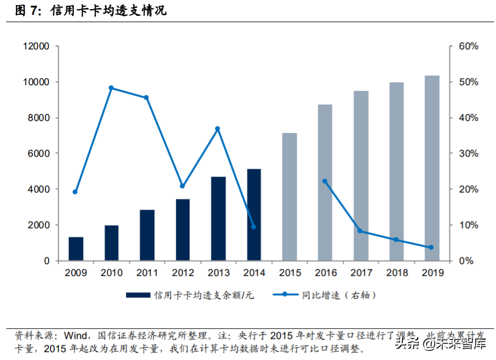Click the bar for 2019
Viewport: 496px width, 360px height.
click(432, 168)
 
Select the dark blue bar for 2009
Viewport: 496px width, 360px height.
click(75, 249)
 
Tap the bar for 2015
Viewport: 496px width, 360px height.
click(289, 196)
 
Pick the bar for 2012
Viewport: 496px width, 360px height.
click(183, 229)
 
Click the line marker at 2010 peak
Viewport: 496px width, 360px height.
click(111, 88)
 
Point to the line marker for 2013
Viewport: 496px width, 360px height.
click(218, 129)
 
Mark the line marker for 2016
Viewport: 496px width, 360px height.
click(325, 181)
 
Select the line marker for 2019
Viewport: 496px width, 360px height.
click(431, 248)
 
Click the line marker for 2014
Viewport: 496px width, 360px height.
click(254, 227)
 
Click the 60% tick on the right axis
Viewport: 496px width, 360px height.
click(468, 47)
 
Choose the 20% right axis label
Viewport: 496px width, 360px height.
click(468, 190)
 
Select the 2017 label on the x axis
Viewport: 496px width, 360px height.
click(361, 273)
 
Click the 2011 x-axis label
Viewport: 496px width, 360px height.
click(147, 273)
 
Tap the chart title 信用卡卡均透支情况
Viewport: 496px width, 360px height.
click(108, 10)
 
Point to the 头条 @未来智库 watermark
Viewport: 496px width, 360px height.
click(440, 343)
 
